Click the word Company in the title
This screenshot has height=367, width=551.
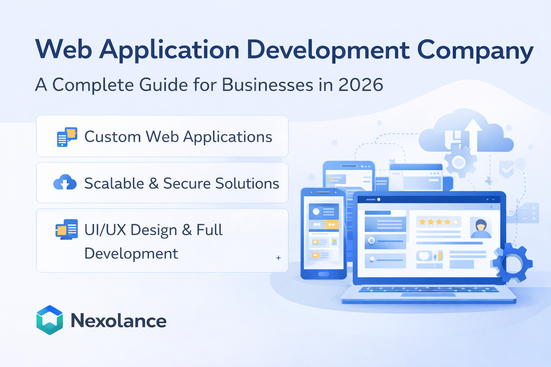(x=475, y=50)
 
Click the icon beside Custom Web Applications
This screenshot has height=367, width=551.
(x=67, y=137)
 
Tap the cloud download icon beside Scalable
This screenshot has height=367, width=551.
(x=65, y=182)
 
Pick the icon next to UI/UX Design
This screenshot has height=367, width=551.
(x=67, y=229)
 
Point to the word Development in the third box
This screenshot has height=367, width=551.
(x=131, y=254)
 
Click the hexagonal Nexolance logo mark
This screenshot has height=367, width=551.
(x=50, y=320)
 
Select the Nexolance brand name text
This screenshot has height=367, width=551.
(x=118, y=320)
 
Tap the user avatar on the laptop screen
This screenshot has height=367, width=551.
(x=481, y=228)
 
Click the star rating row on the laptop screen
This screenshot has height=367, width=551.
(x=439, y=222)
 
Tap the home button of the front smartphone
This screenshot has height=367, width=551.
(x=324, y=274)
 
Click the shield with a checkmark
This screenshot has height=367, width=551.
(x=506, y=169)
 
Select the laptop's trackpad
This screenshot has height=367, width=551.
(x=428, y=295)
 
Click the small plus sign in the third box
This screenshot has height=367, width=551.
(x=278, y=258)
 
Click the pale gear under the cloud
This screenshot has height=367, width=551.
(x=459, y=162)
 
